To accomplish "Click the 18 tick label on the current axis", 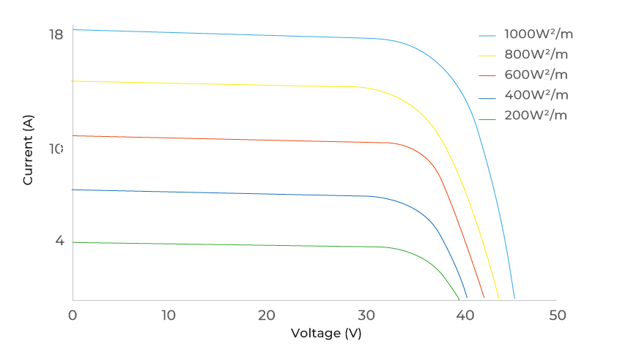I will click(x=56, y=34).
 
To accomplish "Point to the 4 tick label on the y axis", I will click(x=59, y=241).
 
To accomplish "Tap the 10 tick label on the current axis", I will click(x=56, y=149).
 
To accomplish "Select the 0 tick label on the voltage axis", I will click(x=73, y=315).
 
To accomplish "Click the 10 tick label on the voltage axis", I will click(x=169, y=315).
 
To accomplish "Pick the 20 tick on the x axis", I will click(x=267, y=315).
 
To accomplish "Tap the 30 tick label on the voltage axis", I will click(x=363, y=315).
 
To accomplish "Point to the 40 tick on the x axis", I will click(x=461, y=315).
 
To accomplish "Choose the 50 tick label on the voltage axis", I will click(x=558, y=315).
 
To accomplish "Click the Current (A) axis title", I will click(x=29, y=150).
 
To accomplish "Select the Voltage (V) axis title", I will click(x=326, y=333).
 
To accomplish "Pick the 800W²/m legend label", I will click(x=536, y=54).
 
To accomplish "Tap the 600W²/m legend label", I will click(x=536, y=75).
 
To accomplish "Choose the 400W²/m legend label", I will click(x=536, y=95).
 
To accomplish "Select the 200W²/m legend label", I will click(x=536, y=116).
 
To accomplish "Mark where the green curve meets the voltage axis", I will click(x=459, y=299).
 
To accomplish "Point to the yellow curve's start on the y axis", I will click(x=73, y=81).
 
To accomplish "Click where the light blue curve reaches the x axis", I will click(x=514, y=299).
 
